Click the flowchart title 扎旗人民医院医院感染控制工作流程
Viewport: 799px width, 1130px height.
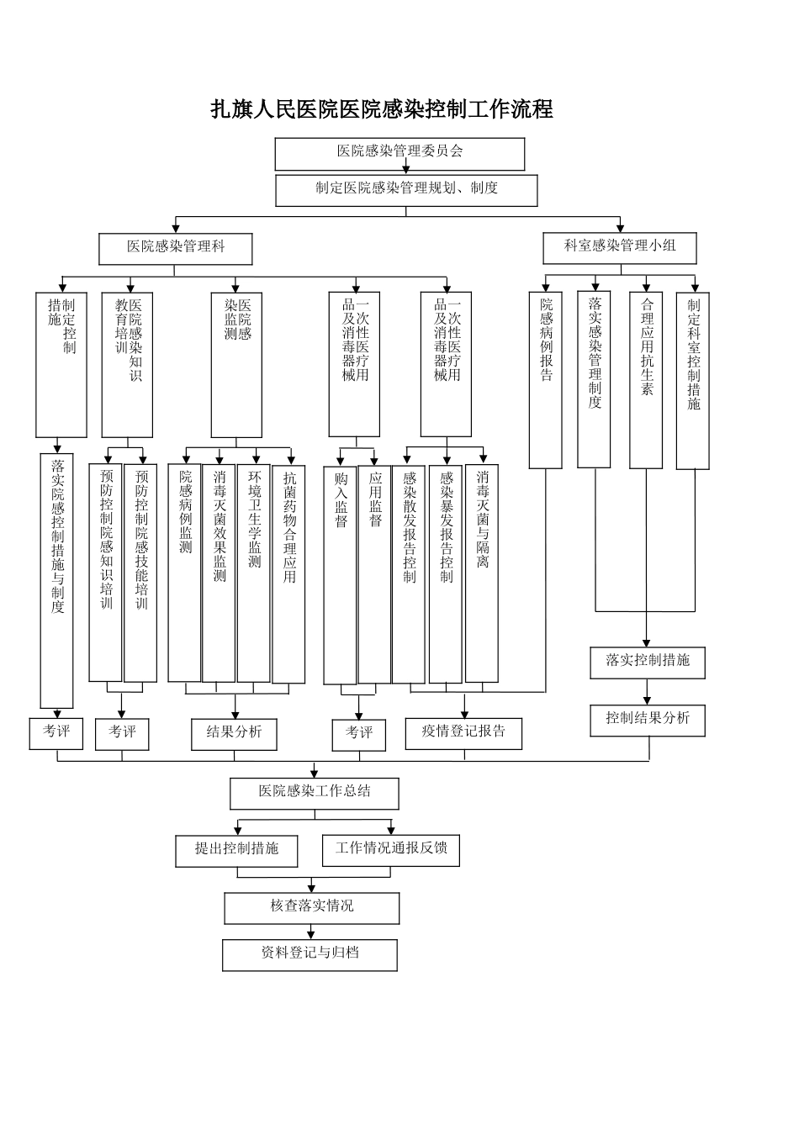[381, 110]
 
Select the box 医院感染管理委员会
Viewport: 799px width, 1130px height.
[399, 153]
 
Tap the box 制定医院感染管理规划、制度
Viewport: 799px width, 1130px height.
[406, 190]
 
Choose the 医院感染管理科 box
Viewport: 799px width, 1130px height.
[175, 248]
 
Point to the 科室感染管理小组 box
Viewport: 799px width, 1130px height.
[620, 247]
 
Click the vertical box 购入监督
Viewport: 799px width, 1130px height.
[341, 574]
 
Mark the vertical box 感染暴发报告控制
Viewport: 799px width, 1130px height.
[446, 573]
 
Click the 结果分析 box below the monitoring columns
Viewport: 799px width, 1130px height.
[234, 733]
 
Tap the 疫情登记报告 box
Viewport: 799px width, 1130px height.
[463, 733]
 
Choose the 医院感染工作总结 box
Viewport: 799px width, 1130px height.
[315, 793]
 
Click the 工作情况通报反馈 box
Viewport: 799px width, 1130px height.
[391, 850]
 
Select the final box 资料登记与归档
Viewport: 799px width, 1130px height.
[310, 954]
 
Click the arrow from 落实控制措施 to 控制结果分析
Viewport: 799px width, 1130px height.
[648, 692]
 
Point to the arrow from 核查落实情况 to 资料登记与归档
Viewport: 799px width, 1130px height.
[311, 932]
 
